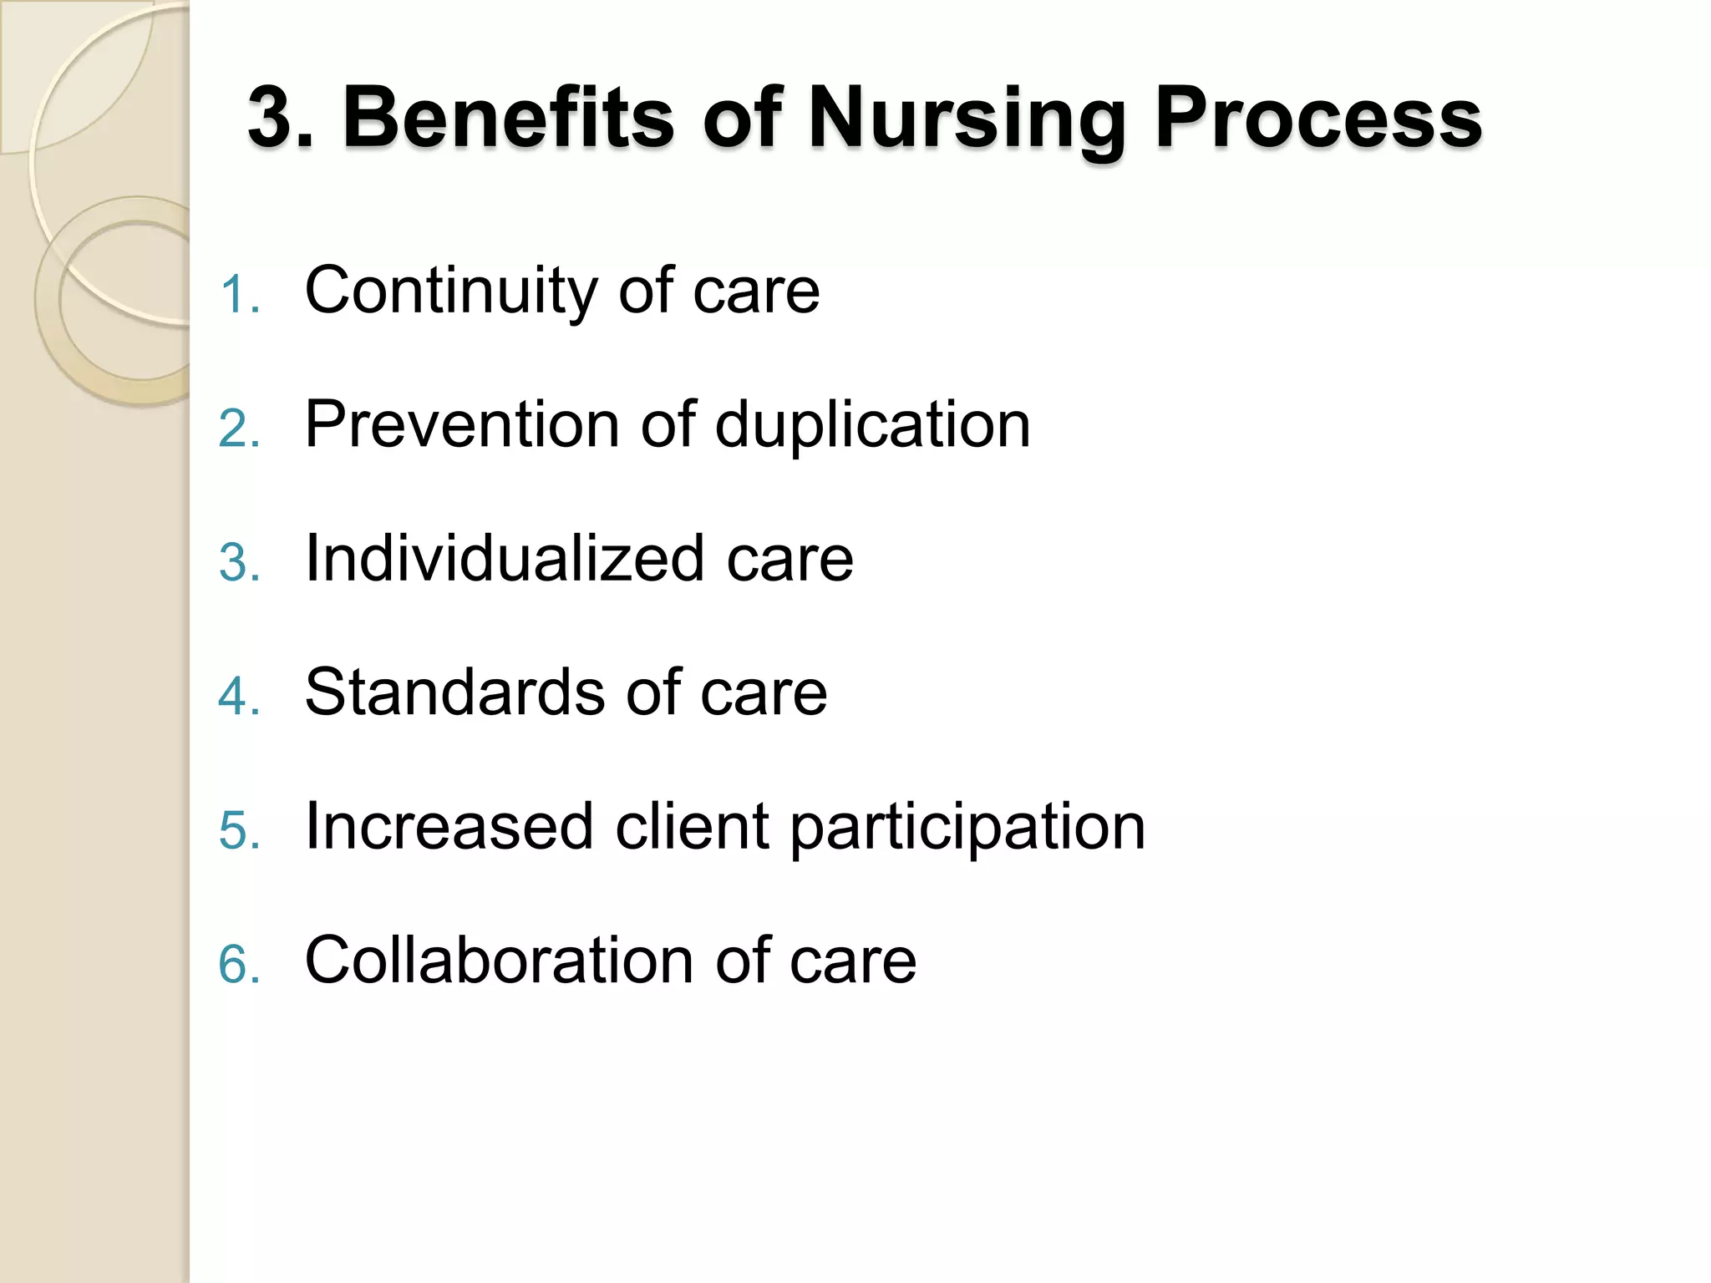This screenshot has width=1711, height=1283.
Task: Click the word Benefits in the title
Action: pos(508,119)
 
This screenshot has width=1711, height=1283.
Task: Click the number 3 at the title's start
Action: pos(275,119)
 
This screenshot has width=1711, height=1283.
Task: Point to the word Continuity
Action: pos(449,292)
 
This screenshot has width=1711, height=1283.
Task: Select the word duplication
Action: pos(872,426)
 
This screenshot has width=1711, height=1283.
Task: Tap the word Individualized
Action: pos(504,558)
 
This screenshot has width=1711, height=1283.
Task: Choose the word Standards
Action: pos(454,692)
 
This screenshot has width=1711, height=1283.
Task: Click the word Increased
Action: pos(449,826)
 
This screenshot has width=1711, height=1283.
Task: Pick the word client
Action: pos(691,826)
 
